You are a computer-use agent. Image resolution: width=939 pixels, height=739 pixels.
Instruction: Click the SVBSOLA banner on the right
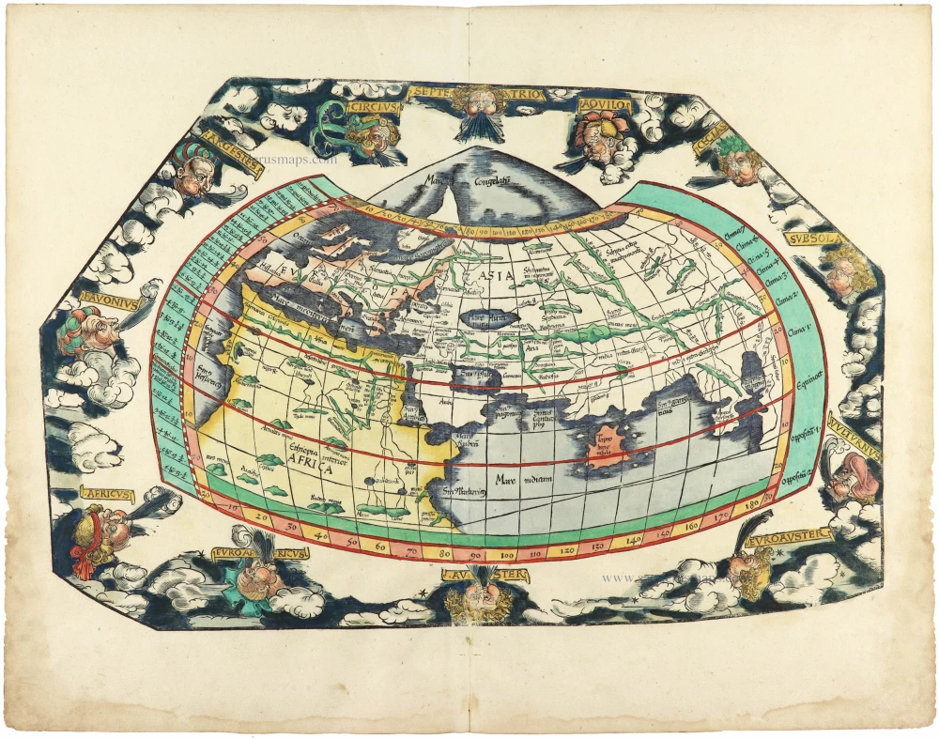[817, 239]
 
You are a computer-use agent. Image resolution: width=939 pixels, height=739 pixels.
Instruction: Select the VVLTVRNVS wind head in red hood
[852, 479]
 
